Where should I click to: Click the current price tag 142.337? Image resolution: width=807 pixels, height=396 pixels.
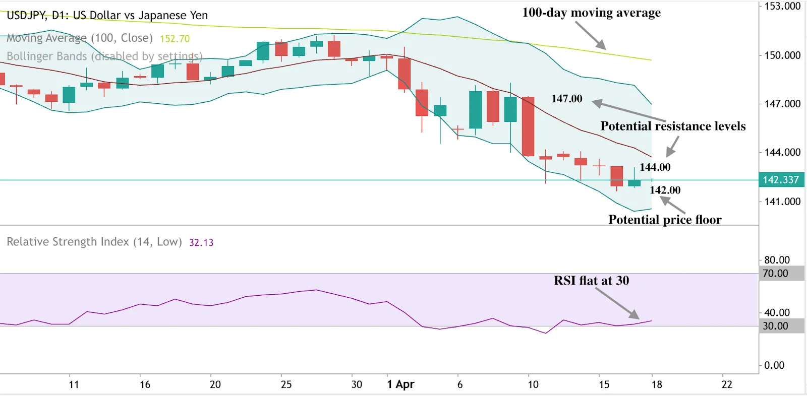[781, 180]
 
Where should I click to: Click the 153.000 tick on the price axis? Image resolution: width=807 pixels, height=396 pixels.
[782, 7]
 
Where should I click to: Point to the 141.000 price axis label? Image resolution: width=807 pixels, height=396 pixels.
[782, 202]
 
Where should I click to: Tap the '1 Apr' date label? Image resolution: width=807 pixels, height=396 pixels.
[400, 384]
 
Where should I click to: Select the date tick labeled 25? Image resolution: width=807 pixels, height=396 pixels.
[286, 384]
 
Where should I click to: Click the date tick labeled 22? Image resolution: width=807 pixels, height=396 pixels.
[727, 384]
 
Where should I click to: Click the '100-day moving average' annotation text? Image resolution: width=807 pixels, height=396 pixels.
[591, 13]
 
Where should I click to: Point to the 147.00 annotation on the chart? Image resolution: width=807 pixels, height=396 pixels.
[566, 99]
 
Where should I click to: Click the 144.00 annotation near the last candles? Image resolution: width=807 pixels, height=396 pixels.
[655, 167]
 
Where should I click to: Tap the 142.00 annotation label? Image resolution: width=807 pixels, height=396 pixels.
[665, 190]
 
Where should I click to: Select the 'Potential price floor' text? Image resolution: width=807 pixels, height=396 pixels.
[665, 220]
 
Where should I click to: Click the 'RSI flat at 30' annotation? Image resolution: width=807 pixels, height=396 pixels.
[591, 281]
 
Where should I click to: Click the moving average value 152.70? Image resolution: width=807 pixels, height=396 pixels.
[175, 39]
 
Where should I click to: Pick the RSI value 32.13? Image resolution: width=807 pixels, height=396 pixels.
[201, 242]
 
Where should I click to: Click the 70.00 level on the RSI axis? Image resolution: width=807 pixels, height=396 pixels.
[775, 274]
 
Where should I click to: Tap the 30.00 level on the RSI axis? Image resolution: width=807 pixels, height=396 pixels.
[775, 326]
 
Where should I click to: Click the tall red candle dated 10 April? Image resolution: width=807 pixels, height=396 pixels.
[528, 126]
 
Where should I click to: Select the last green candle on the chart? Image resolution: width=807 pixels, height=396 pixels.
[634, 183]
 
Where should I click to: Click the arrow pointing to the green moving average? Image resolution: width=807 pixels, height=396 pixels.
[590, 35]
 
